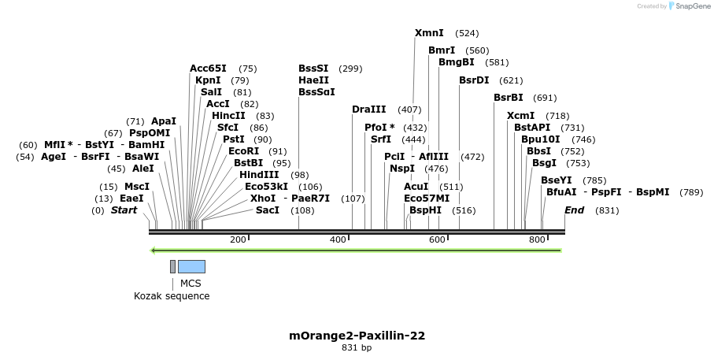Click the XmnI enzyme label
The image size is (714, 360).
(x=429, y=33)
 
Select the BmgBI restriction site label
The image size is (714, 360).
(x=456, y=62)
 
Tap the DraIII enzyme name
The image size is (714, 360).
(x=368, y=109)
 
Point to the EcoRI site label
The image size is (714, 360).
(x=243, y=151)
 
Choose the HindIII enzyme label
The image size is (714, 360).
(x=259, y=175)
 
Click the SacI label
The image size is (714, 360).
(x=268, y=210)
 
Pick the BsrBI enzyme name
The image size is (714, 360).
(x=508, y=98)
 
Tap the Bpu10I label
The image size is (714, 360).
(x=540, y=139)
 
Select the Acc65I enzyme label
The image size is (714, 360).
(x=208, y=69)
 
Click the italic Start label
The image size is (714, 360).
(x=124, y=210)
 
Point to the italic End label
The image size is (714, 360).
(x=574, y=210)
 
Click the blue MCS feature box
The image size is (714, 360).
(x=191, y=266)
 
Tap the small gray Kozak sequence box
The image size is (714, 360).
(x=172, y=266)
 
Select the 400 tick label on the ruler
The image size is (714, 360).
(x=338, y=239)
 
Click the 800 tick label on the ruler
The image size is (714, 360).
(x=537, y=239)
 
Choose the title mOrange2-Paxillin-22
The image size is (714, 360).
(x=357, y=336)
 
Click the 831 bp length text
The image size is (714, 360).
(x=357, y=347)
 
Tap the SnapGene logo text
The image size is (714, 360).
(x=689, y=6)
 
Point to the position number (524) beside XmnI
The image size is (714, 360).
(x=467, y=33)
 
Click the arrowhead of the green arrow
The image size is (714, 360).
(x=154, y=251)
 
